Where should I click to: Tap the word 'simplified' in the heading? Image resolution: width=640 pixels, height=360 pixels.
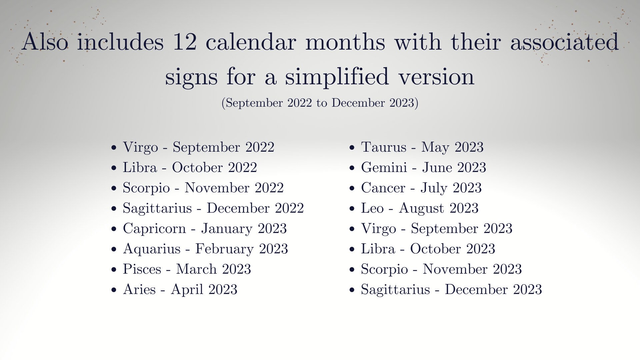[337, 77]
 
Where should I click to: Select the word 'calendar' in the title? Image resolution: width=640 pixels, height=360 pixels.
[251, 42]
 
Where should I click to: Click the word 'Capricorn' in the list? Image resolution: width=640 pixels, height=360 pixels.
[154, 229]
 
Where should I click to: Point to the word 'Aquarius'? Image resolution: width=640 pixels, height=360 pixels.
[152, 249]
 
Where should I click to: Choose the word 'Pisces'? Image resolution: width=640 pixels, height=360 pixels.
[142, 269]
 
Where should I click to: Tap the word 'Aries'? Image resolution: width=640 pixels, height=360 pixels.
[139, 289]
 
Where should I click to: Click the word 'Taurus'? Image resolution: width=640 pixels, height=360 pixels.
[383, 147]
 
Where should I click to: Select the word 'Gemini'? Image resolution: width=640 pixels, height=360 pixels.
[384, 168]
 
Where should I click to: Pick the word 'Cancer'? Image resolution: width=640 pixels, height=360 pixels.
[383, 188]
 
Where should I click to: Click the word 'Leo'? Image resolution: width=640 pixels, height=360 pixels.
[372, 208]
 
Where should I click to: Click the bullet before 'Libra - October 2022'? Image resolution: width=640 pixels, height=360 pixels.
[114, 168]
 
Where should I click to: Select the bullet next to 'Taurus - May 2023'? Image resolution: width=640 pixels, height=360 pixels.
[352, 148]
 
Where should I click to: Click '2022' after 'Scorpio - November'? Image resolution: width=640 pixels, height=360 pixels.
[269, 188]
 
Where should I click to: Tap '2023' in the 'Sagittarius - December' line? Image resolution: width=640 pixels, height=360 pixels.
[527, 289]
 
